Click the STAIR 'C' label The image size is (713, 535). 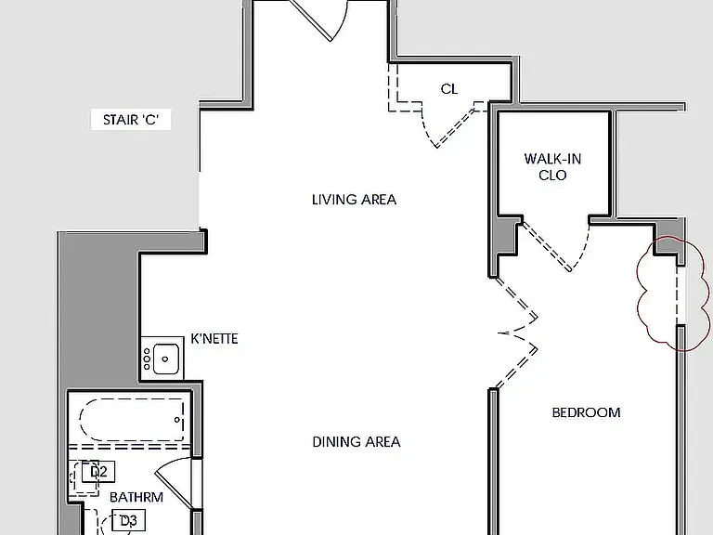131,120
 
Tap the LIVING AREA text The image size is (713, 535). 355,200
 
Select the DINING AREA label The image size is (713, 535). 356,442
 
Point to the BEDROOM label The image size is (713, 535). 586,412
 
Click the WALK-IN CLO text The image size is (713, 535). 552,167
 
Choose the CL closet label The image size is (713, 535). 449,89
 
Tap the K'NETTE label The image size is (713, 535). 214,339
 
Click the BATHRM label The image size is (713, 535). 136,497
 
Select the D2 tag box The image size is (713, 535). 98,472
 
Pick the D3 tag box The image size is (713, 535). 128,520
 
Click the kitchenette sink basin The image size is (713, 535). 165,359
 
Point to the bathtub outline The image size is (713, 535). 132,420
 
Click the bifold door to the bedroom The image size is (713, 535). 517,333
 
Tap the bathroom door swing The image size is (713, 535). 175,482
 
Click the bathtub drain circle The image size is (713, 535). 177,420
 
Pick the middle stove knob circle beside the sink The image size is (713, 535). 147,359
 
